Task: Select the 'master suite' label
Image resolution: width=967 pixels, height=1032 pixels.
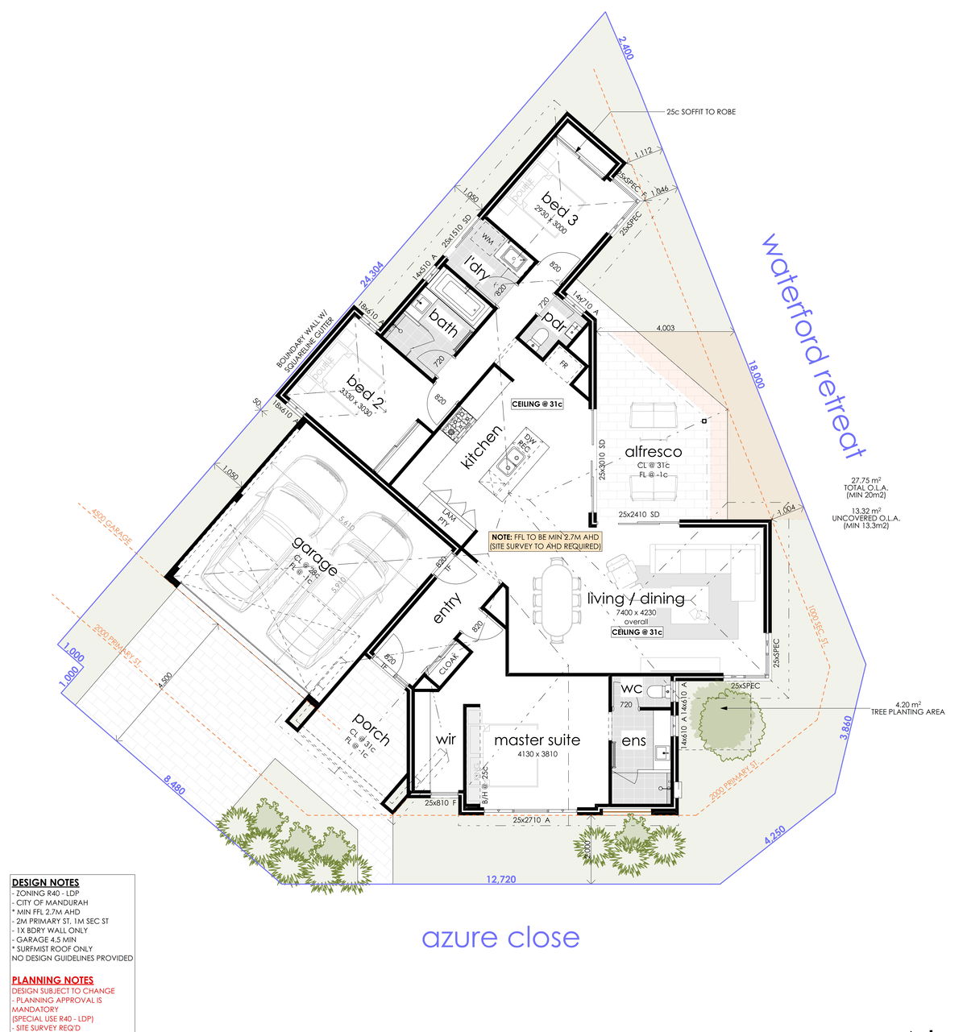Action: tap(537, 740)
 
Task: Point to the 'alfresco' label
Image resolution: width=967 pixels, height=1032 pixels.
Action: tap(653, 452)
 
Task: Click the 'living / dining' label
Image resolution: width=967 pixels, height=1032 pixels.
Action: tap(636, 599)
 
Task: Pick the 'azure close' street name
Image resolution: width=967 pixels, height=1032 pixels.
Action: tap(500, 938)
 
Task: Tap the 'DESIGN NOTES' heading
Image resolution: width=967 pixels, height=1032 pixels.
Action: tap(46, 883)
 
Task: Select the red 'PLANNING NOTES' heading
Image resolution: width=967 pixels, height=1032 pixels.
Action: tap(52, 980)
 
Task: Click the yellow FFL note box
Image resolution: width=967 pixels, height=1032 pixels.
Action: tap(546, 541)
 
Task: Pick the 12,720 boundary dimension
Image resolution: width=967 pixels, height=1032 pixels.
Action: tap(500, 880)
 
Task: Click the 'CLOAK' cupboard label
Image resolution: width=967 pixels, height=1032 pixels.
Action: tap(448, 664)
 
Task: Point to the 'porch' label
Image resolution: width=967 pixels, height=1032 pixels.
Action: tap(371, 728)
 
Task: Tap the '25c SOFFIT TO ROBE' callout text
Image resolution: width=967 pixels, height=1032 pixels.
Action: tap(701, 112)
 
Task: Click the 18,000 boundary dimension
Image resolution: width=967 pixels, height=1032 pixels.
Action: tap(755, 375)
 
